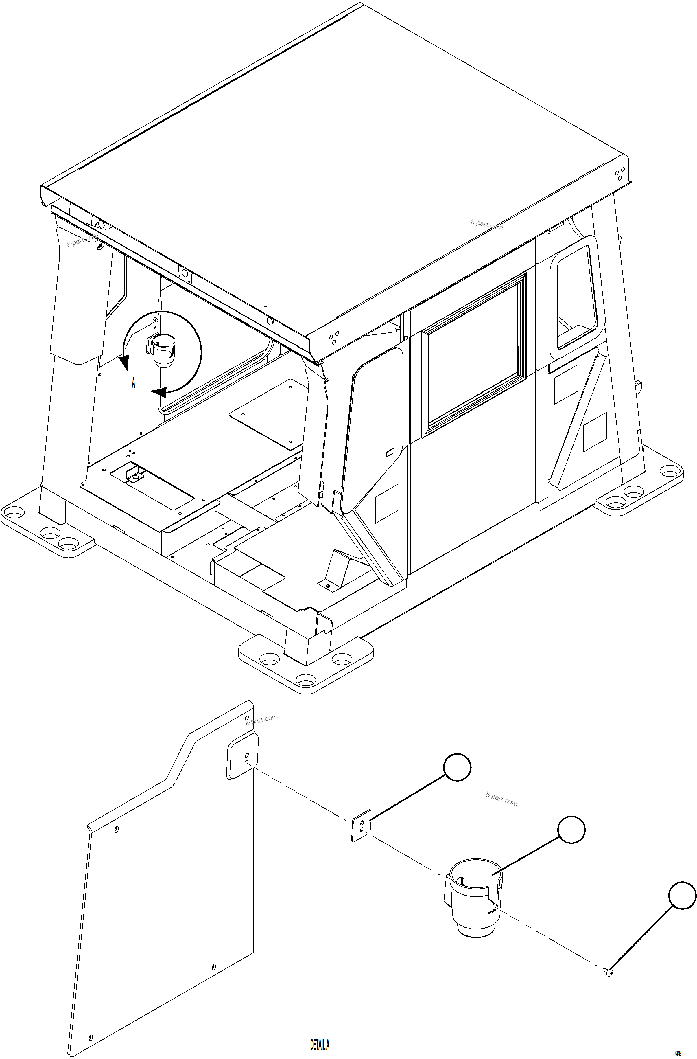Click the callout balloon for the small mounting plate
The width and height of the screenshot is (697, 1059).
(457, 767)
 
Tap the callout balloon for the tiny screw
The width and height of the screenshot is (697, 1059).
(682, 895)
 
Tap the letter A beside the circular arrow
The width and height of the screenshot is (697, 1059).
(133, 383)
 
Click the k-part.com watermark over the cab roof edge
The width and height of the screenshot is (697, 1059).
(487, 224)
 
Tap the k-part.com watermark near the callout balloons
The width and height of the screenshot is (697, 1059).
(502, 799)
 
